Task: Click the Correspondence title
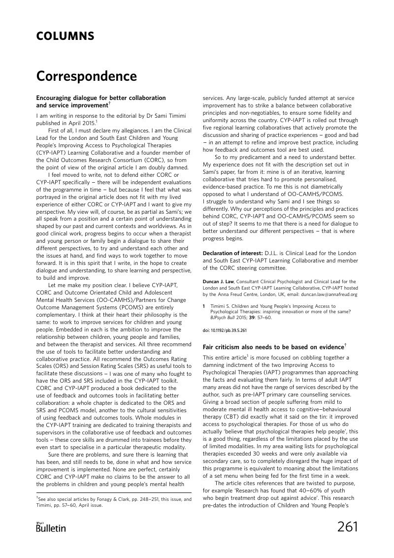click(x=86, y=77)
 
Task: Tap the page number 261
click(x=348, y=527)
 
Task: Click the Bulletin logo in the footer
click(x=51, y=527)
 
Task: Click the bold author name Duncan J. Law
click(x=222, y=281)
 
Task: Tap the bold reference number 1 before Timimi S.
click(x=204, y=306)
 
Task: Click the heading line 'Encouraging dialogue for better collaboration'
click(x=101, y=98)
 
